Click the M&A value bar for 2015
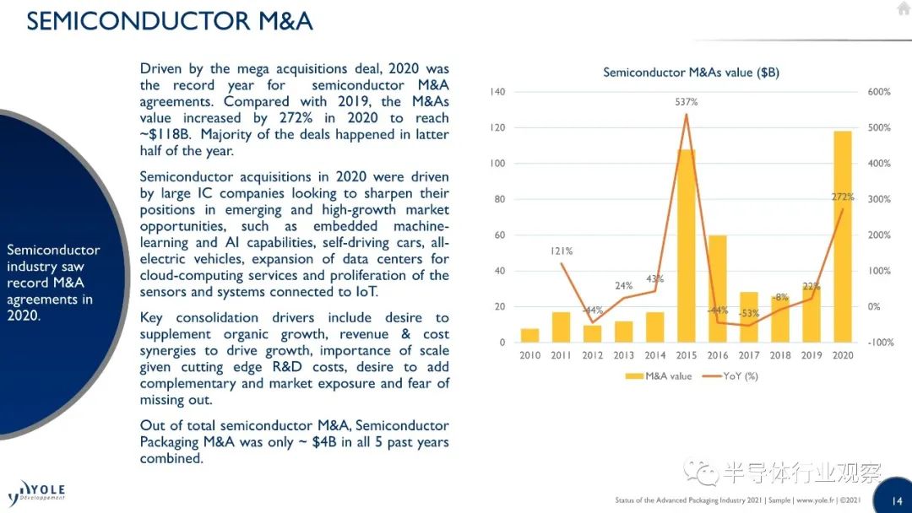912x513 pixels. [687, 246]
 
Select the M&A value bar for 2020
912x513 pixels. [843, 236]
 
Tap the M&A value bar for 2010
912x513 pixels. [529, 335]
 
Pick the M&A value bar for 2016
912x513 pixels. [718, 289]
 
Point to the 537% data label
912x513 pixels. [687, 101]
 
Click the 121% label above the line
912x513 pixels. [562, 251]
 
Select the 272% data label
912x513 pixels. [843, 197]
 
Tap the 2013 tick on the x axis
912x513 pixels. [623, 355]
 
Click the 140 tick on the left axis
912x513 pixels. [497, 92]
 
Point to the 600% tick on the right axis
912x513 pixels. [879, 92]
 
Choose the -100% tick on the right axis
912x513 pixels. [879, 343]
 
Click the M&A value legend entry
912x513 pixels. [659, 375]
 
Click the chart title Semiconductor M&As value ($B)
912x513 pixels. [691, 73]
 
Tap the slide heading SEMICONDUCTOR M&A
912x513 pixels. [170, 21]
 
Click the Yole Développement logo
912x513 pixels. [36, 493]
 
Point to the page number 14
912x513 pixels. [897, 500]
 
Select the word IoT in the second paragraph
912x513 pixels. [367, 292]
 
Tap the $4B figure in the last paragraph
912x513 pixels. [324, 441]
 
